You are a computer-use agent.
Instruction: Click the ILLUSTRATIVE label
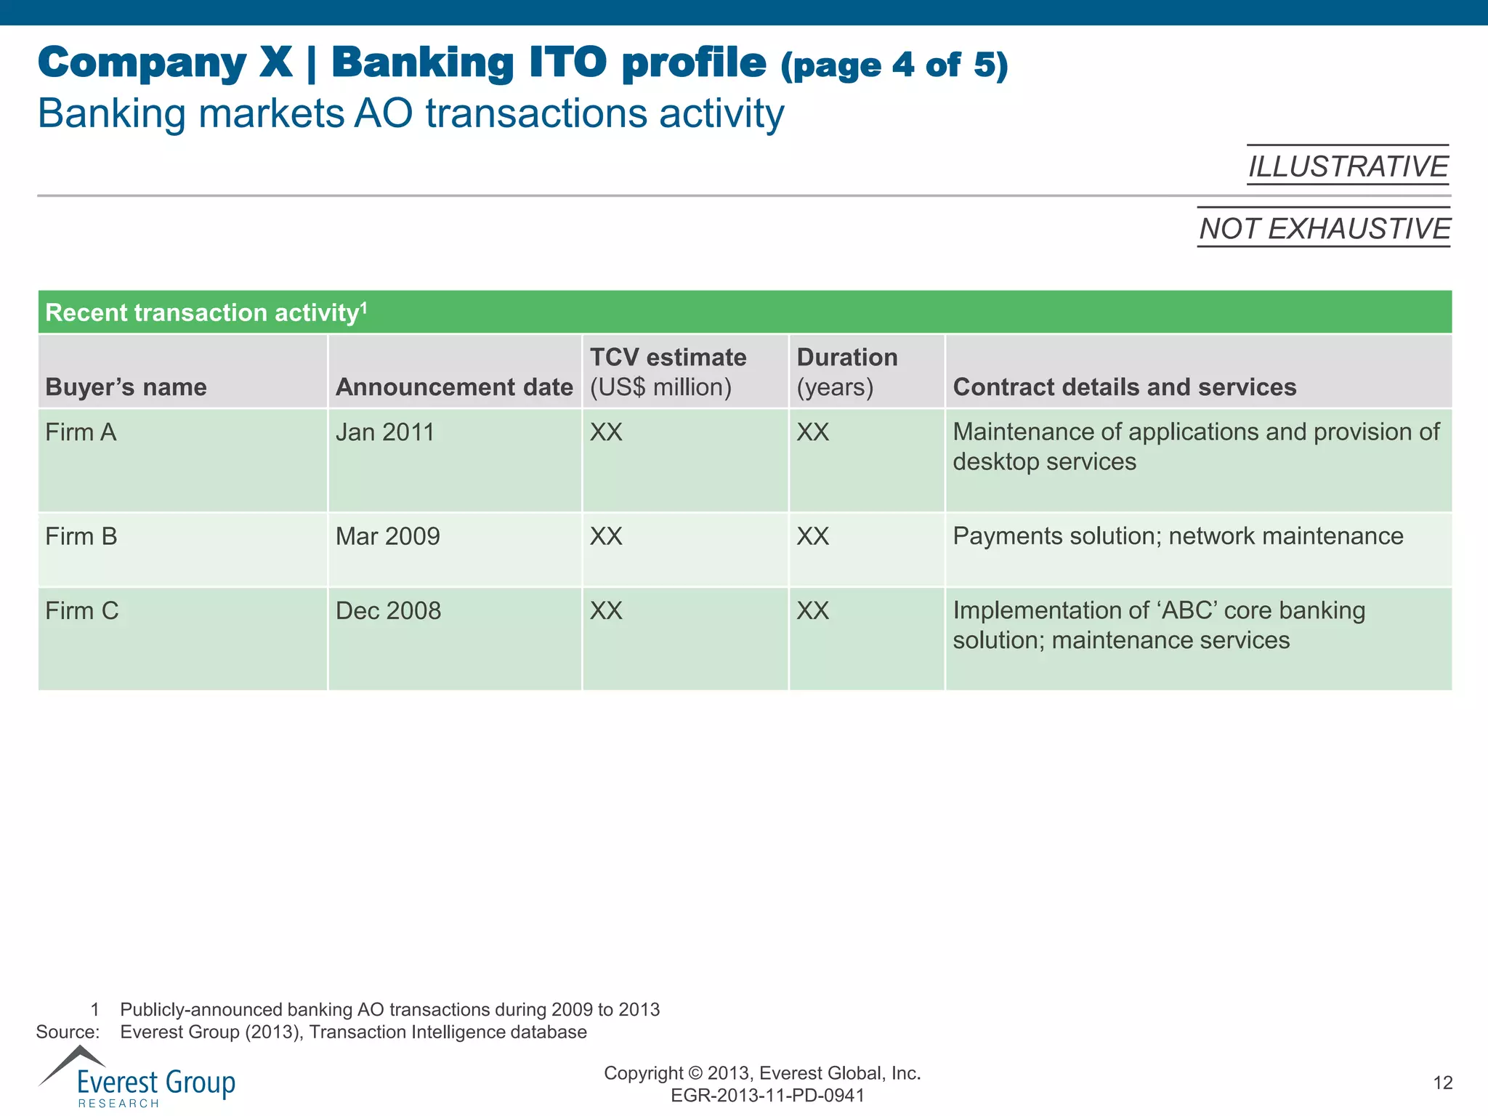(1348, 166)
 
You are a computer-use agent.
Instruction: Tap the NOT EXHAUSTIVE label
(1324, 228)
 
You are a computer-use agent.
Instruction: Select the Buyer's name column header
(126, 387)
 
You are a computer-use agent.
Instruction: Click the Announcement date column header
(454, 387)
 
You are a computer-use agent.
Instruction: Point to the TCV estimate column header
(668, 371)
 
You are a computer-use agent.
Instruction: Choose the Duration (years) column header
(847, 371)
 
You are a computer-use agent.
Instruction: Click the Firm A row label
(81, 432)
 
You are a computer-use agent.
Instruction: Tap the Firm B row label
(81, 536)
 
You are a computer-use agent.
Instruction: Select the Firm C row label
(82, 610)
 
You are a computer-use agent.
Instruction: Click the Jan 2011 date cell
(384, 432)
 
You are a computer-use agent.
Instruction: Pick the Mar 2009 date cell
(388, 536)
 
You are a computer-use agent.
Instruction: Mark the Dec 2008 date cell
(388, 610)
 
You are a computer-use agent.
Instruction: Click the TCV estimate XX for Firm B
(606, 536)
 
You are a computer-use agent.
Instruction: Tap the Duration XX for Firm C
(812, 610)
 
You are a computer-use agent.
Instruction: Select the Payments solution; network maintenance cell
(1178, 536)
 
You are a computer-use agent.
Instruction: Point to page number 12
(1442, 1083)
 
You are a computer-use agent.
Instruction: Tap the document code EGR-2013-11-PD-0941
(767, 1096)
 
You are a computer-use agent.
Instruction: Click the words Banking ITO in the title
(469, 62)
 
